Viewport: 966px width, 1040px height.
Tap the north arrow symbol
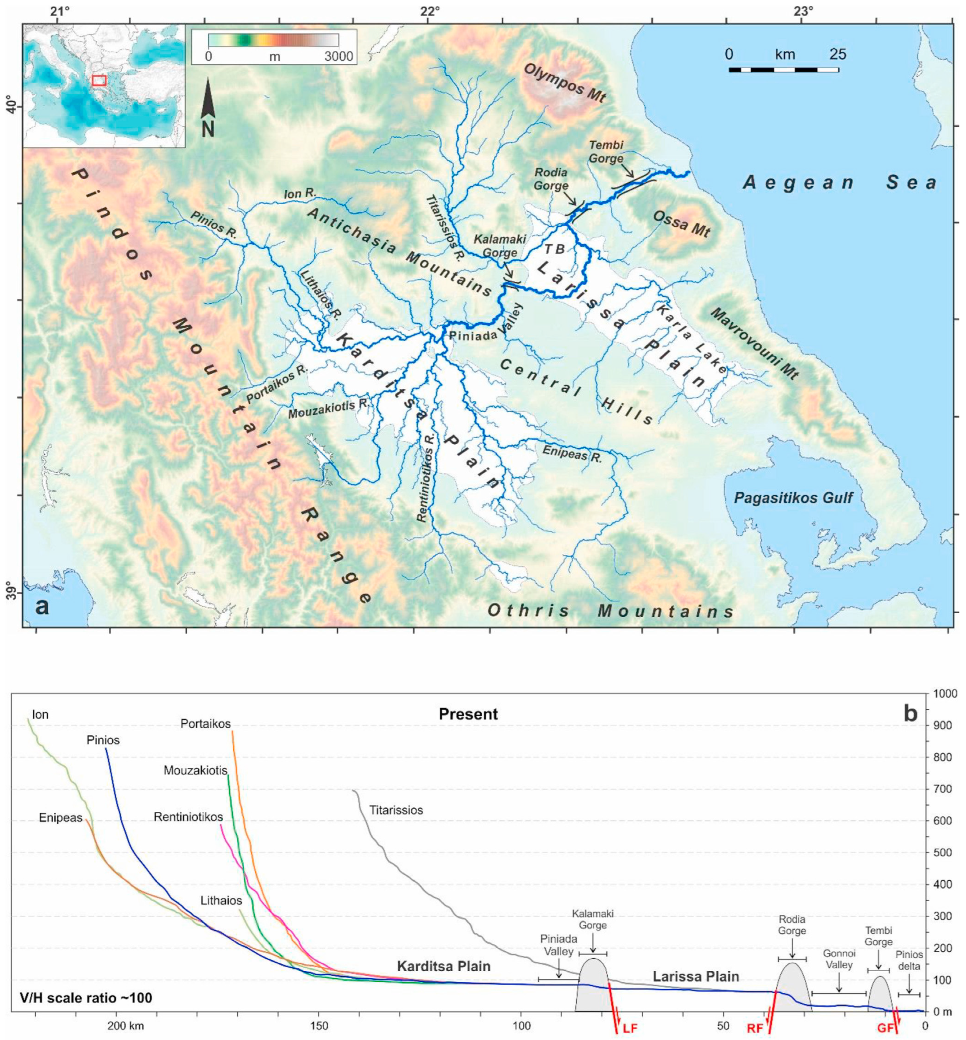(x=208, y=107)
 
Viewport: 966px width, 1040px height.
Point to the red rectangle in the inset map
(x=99, y=80)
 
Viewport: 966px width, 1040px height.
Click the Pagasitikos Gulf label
(x=793, y=498)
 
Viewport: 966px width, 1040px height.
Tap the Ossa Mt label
(x=680, y=224)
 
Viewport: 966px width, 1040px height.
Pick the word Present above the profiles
(x=468, y=714)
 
